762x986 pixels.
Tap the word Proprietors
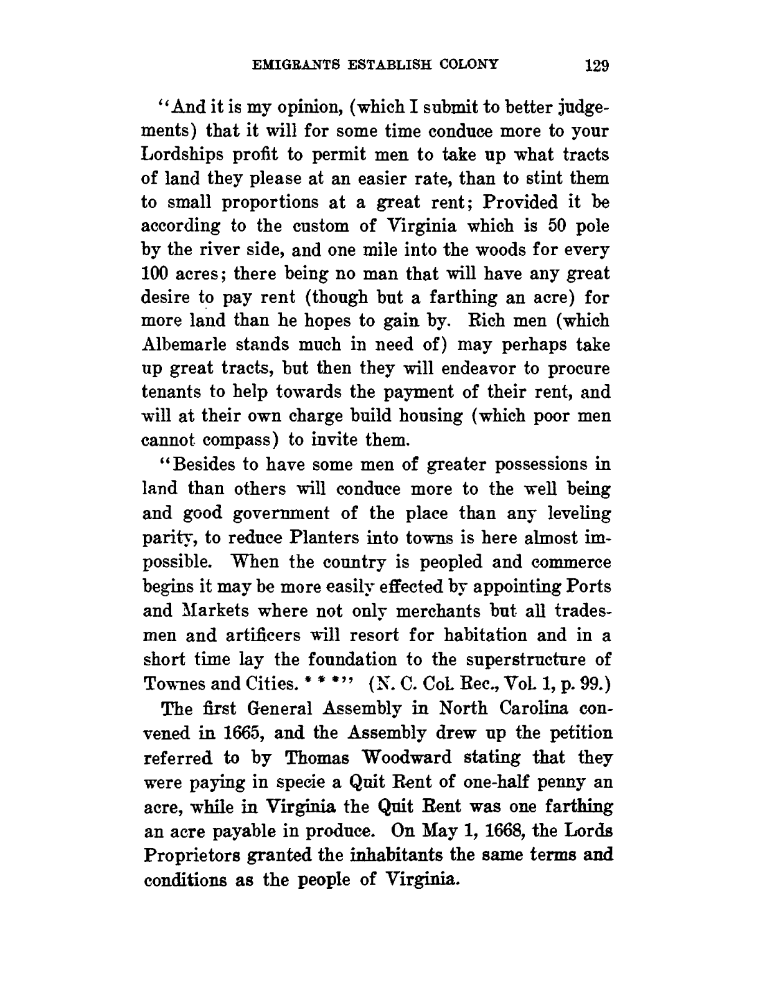(200, 855)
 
